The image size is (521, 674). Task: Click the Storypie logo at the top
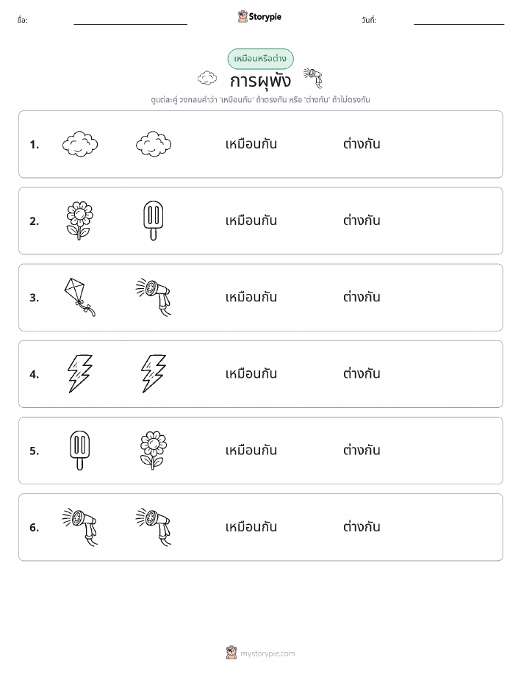259,17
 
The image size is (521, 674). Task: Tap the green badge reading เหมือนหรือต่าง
260,59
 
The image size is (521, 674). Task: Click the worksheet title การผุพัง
260,82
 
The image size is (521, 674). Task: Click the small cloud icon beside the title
207,78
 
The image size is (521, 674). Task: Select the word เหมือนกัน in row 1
251,144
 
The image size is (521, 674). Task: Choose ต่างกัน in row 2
362,221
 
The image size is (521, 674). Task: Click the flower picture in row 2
80,221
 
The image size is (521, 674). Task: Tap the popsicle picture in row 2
154,221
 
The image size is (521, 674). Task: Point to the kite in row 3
80,297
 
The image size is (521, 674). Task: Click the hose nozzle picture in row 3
154,297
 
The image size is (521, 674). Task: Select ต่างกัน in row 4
362,373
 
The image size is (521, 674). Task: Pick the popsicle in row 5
80,451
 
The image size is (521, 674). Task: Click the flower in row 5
154,451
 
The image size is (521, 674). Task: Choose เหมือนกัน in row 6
251,527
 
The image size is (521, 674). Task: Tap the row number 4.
34,374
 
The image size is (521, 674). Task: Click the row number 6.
34,528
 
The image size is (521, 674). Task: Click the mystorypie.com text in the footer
267,653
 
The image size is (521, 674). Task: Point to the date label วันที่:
369,20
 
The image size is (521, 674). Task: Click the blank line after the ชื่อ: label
130,24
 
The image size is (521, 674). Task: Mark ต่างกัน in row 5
362,450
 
